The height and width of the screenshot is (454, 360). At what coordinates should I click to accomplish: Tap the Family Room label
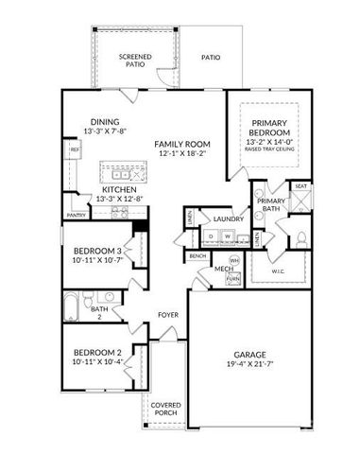click(x=182, y=145)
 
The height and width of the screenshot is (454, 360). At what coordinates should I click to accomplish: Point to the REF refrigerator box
click(x=73, y=149)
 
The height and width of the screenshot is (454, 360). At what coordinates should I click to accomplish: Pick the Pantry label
click(x=77, y=216)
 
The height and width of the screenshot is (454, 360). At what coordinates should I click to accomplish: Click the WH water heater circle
click(x=234, y=260)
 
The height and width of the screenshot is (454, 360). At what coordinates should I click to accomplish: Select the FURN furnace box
click(x=233, y=279)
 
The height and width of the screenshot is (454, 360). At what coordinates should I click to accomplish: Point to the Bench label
click(x=197, y=256)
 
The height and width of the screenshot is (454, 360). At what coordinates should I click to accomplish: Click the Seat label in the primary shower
click(x=300, y=187)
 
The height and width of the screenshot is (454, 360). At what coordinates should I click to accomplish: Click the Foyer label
click(x=168, y=316)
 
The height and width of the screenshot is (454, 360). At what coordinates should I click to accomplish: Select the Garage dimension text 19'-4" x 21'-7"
click(x=250, y=363)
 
